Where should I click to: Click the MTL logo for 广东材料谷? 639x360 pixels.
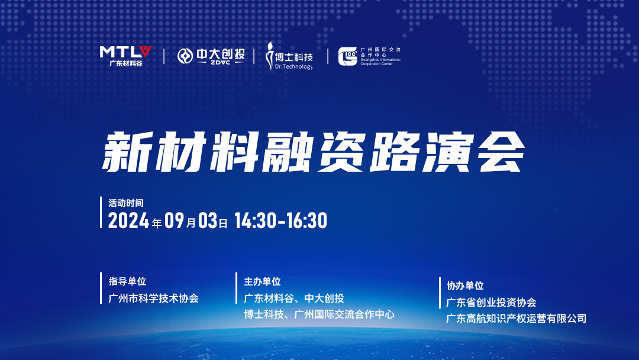coord(125,56)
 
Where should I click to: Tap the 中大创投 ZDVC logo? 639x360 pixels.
coord(211,56)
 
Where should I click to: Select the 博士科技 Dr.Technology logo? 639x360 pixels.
coord(289,56)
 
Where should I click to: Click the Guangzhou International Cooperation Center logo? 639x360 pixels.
coord(369,56)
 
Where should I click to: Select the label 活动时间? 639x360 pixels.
coord(126,203)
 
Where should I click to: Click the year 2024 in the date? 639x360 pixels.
coord(129,221)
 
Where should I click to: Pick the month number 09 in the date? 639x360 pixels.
coord(175,221)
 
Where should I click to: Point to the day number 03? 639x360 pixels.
coord(208,221)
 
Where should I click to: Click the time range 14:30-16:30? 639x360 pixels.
coord(281,221)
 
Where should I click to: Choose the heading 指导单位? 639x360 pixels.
coord(127,281)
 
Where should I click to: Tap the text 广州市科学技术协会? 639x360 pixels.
coord(153,298)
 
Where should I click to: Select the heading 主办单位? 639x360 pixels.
coord(263,282)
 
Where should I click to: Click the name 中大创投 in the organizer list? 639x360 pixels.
coord(324,298)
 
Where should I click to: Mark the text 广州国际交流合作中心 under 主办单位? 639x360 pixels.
coord(344,315)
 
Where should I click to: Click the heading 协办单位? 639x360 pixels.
coord(465,286)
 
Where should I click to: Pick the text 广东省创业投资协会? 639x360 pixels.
coord(492,303)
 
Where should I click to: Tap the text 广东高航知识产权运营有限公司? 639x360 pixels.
coord(517,319)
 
